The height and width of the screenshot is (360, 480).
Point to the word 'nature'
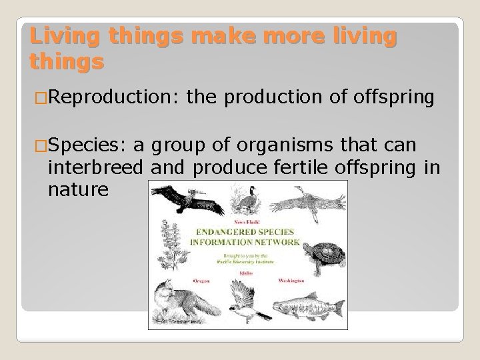(77, 191)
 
